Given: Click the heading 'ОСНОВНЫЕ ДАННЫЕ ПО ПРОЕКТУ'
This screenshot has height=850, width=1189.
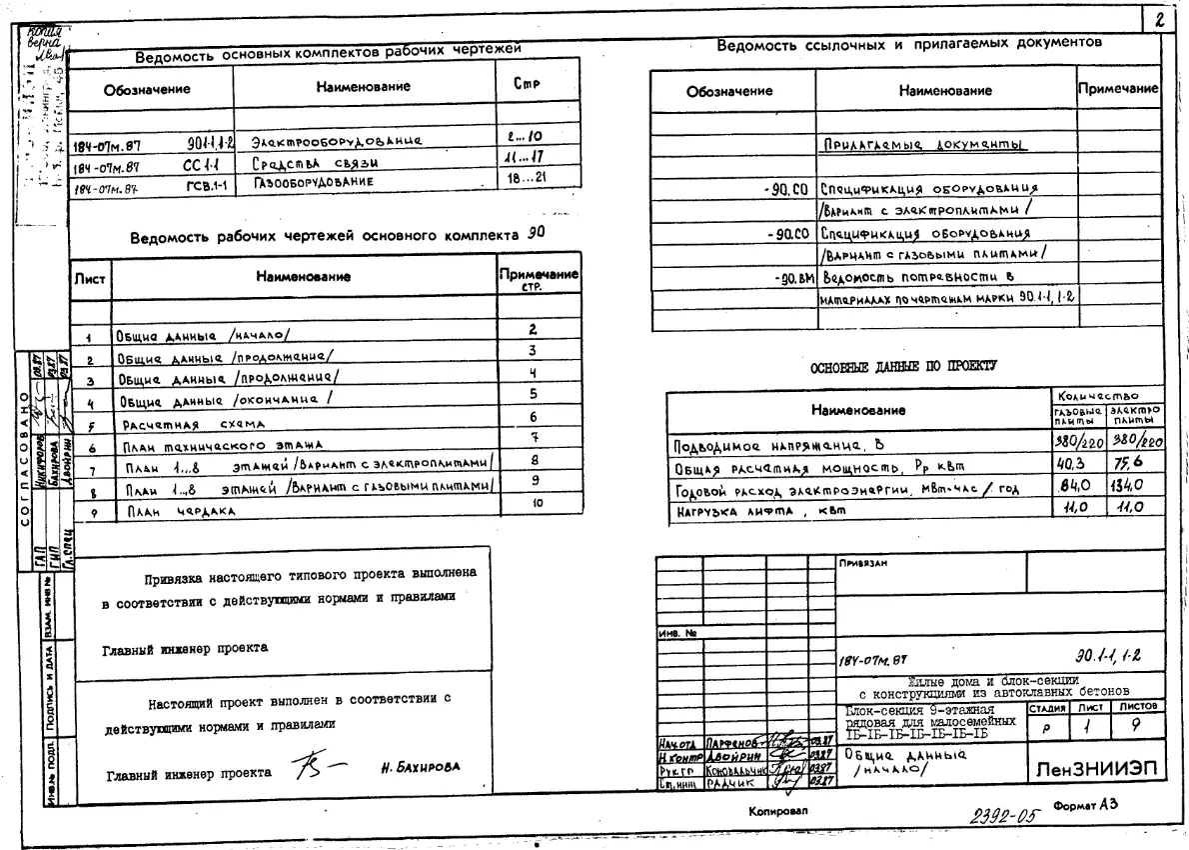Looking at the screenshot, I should click(906, 367).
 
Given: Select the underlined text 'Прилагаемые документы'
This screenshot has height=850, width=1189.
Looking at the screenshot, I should click(925, 144).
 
